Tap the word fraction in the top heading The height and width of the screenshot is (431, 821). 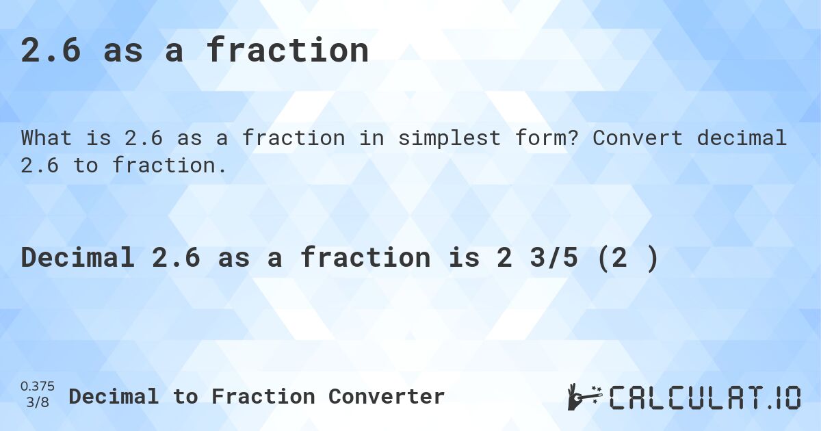click(287, 51)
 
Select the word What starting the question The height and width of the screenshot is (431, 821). click(47, 138)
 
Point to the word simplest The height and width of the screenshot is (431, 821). click(437, 138)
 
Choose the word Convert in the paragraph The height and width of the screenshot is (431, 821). click(638, 138)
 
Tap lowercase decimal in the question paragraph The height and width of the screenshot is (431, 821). click(742, 138)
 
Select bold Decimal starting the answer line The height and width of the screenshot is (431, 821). click(77, 258)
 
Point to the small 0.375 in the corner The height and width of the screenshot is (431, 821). click(38, 387)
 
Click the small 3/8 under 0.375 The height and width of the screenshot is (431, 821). click(38, 402)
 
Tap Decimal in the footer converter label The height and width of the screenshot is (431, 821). click(114, 396)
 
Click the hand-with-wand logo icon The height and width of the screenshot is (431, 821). click(584, 396)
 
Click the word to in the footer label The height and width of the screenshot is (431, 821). click(185, 396)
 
